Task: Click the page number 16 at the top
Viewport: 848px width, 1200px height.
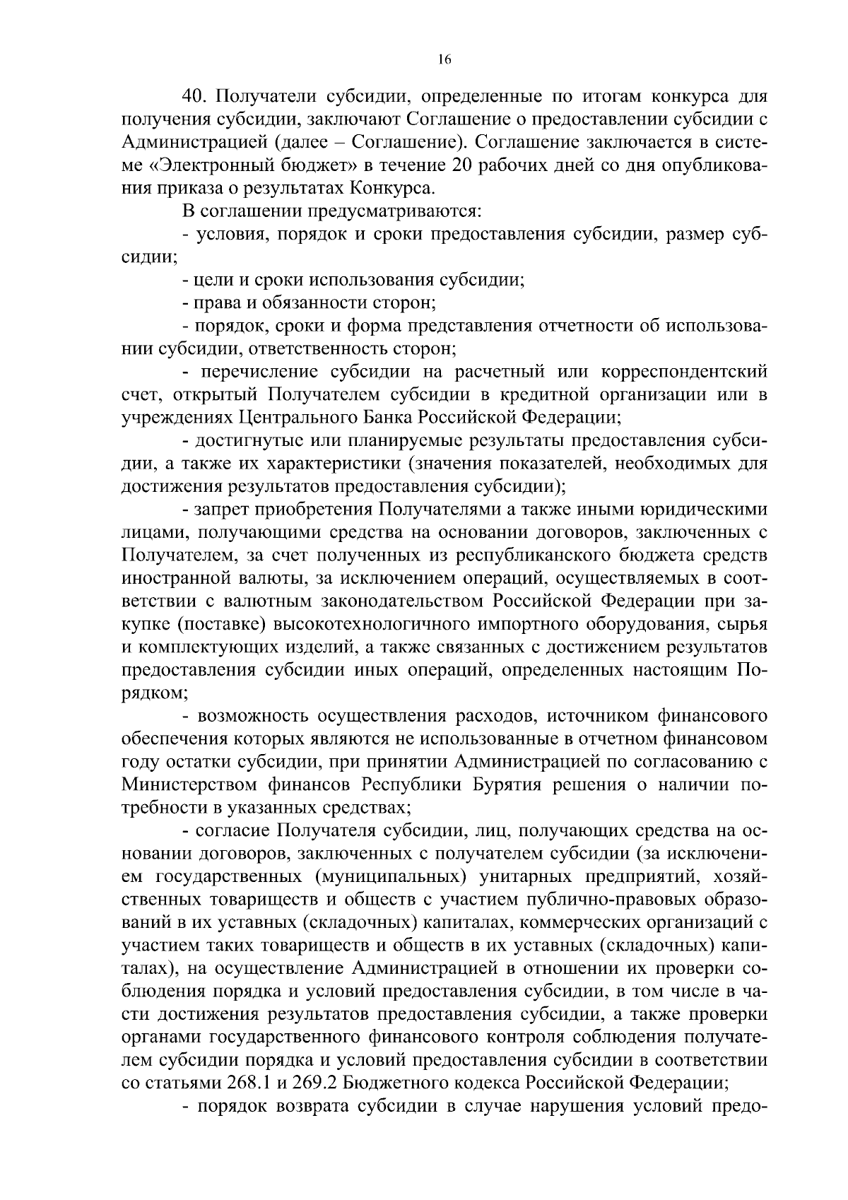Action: coord(444,60)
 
